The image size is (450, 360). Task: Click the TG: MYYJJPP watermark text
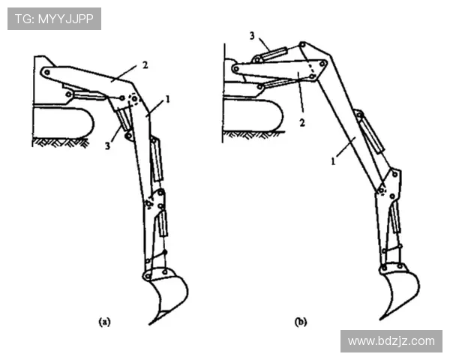[x=54, y=19]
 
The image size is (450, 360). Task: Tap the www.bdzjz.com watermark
[x=391, y=341]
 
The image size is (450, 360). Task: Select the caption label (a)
[x=104, y=322]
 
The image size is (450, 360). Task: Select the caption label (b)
[x=301, y=322]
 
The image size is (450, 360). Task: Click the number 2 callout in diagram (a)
[x=145, y=65]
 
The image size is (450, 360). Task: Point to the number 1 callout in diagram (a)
[x=167, y=100]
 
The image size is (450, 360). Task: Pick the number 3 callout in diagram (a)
[x=107, y=145]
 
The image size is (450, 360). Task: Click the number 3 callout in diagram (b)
[x=252, y=36]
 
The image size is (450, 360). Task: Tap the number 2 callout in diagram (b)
[x=302, y=123]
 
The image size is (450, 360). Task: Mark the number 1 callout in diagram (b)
[x=333, y=161]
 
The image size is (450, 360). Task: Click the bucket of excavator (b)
[x=400, y=292]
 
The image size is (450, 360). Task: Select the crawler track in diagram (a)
[x=63, y=124]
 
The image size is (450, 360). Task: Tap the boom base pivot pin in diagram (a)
[x=47, y=72]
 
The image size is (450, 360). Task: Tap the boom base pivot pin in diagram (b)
[x=236, y=68]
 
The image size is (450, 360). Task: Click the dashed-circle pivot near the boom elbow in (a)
[x=134, y=99]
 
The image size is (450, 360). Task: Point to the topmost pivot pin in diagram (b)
[x=302, y=45]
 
